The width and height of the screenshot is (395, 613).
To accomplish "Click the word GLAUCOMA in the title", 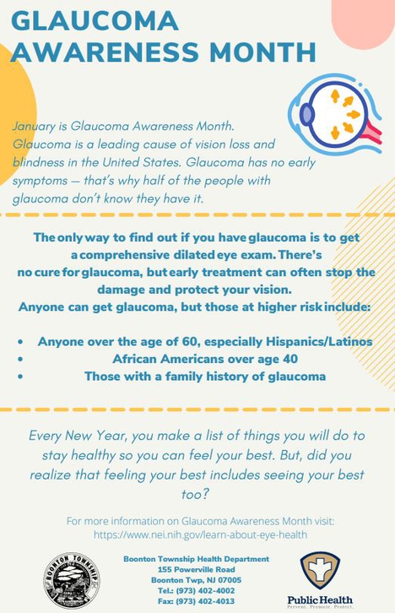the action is point(95,20).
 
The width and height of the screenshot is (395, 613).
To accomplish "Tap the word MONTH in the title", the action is point(262,52).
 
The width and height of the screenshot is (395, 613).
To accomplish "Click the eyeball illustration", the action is point(335,114).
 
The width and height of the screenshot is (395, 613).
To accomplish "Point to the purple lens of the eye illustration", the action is point(307,115).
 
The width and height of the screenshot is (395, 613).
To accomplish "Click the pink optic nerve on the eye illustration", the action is point(372,133).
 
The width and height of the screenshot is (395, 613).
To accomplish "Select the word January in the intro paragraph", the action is point(34,127).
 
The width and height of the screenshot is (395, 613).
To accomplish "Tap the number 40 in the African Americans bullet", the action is point(289,359).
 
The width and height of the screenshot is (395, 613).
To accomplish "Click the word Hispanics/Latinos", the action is point(319,342).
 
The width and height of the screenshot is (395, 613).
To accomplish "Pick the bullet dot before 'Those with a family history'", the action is point(20,377).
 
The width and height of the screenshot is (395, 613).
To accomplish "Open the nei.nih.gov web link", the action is point(200,534).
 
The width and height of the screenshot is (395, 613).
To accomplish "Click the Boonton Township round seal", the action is point(72,580).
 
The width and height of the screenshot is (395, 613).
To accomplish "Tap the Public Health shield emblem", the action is point(320,570).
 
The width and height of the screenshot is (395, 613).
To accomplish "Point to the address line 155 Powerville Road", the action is point(197,569).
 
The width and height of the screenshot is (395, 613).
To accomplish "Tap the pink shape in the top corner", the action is point(364,23).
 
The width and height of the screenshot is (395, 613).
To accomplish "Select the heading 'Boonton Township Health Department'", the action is point(197,559).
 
